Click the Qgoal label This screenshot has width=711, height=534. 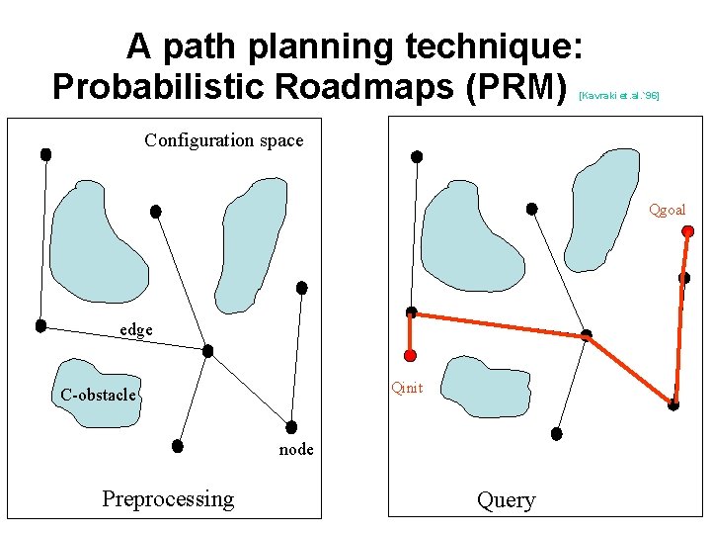(x=667, y=210)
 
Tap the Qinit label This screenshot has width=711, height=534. (x=407, y=388)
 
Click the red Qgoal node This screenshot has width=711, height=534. (x=688, y=231)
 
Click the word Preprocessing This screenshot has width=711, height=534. (x=168, y=498)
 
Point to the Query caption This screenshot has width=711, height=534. (x=506, y=500)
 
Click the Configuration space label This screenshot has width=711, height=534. (x=223, y=140)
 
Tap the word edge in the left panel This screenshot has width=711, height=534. (x=136, y=330)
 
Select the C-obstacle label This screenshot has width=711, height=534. (x=98, y=396)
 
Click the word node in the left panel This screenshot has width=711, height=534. (x=296, y=449)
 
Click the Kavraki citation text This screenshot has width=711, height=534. (x=619, y=96)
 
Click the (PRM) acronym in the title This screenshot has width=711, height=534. (x=518, y=86)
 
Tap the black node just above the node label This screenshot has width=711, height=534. (x=291, y=427)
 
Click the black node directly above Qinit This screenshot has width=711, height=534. (x=412, y=311)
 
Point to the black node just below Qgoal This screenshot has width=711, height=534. (x=683, y=278)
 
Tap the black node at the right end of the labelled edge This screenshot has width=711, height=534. (x=207, y=350)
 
